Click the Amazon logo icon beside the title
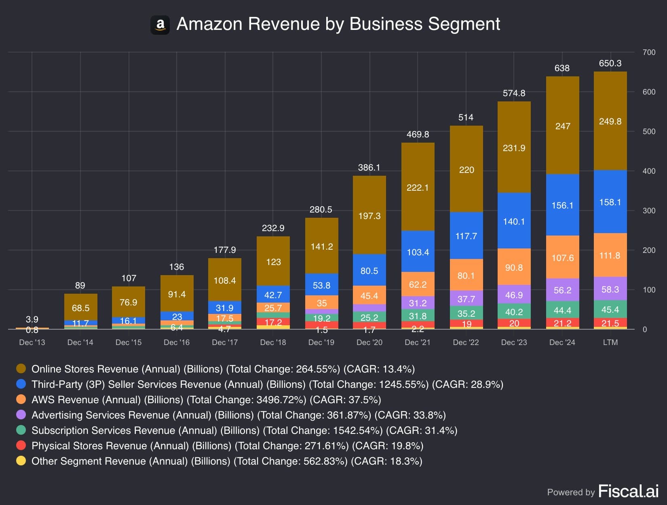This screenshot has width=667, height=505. (160, 25)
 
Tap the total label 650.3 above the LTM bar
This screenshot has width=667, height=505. (610, 63)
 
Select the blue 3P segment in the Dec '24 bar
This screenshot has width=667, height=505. (562, 205)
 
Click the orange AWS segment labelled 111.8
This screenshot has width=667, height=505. (610, 255)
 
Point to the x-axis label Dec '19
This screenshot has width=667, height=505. (321, 342)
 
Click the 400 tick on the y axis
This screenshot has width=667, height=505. (649, 171)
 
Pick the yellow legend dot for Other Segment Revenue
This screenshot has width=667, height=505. (21, 461)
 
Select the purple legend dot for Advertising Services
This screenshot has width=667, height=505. (21, 415)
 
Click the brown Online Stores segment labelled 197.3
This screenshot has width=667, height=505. (369, 215)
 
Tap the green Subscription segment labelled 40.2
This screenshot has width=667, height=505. (514, 311)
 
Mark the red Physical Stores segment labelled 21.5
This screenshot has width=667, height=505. (610, 322)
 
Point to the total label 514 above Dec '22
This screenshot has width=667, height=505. (466, 117)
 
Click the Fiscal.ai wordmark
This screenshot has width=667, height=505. (629, 491)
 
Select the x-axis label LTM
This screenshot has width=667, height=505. (610, 342)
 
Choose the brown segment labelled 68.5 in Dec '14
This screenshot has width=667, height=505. (81, 307)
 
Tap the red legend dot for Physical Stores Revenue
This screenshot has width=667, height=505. (21, 446)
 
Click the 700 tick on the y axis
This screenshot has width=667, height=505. (649, 52)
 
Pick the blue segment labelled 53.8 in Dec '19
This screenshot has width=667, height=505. (322, 284)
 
